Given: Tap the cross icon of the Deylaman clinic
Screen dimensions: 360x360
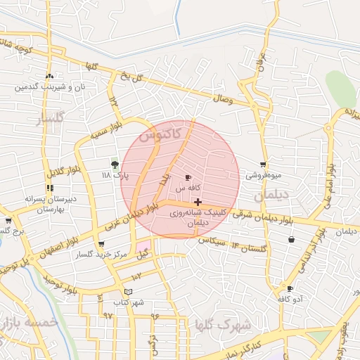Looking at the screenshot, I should [x=198, y=202].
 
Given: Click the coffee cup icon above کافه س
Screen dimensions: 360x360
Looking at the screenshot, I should [x=188, y=177].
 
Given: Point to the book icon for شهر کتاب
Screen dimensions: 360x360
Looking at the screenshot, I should [x=127, y=292].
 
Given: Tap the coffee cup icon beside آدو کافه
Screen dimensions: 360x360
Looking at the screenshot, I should [x=290, y=288].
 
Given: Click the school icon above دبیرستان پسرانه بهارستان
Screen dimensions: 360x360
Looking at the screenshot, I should [x=49, y=188].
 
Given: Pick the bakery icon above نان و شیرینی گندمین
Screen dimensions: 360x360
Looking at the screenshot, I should [x=49, y=77].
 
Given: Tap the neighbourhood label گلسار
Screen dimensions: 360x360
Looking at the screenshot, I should [x=49, y=117].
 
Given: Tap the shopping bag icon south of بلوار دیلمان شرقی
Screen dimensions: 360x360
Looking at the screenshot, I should [x=291, y=240].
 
